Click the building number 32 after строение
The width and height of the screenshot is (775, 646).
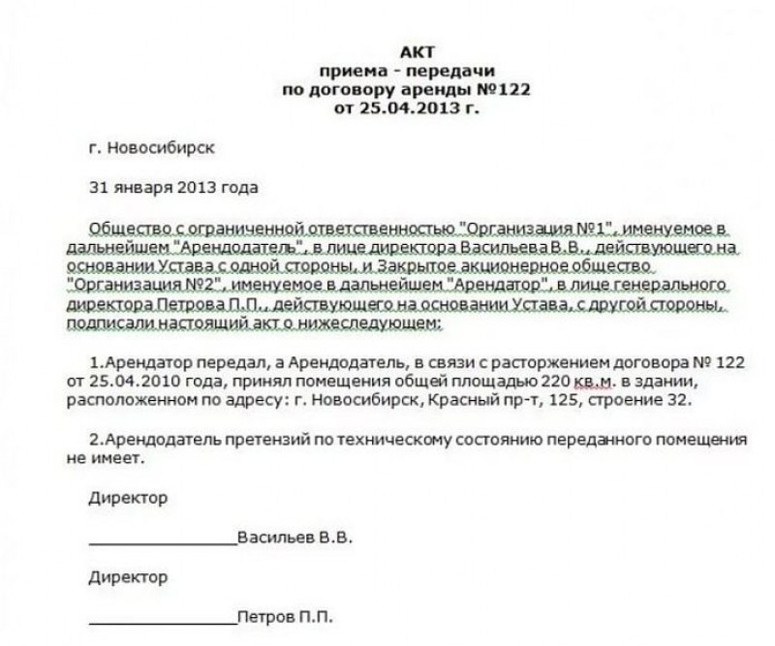pyautogui.click(x=683, y=398)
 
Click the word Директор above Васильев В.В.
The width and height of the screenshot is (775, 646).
pyautogui.click(x=127, y=498)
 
